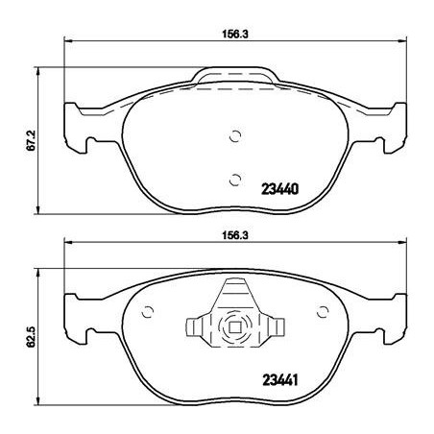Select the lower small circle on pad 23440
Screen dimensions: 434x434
(x=236, y=177)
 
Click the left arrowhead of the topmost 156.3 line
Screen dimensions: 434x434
(x=66, y=39)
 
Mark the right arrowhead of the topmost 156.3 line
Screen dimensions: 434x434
(x=400, y=39)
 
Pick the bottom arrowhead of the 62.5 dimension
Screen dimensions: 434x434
(x=38, y=408)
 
